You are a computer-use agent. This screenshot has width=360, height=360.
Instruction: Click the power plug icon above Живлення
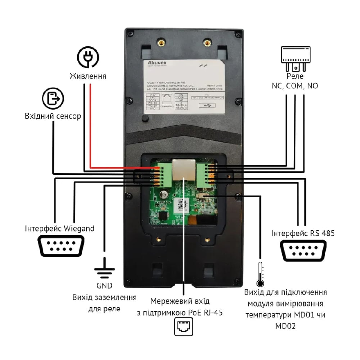click(88, 57)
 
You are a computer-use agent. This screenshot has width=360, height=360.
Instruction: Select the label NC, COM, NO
click(295, 86)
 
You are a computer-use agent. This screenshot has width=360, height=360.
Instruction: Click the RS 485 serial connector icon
click(303, 251)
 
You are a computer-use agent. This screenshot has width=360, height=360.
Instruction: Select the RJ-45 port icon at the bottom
click(184, 327)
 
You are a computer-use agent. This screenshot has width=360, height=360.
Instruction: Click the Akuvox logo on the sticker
click(157, 63)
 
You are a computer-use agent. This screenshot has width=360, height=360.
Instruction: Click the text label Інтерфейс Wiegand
click(60, 229)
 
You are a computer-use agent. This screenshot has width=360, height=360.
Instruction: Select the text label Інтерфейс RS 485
click(303, 233)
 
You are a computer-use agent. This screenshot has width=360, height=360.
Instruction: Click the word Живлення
click(88, 76)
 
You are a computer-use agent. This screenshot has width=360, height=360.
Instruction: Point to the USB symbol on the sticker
click(207, 105)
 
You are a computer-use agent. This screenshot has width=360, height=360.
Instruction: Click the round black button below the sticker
click(145, 118)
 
